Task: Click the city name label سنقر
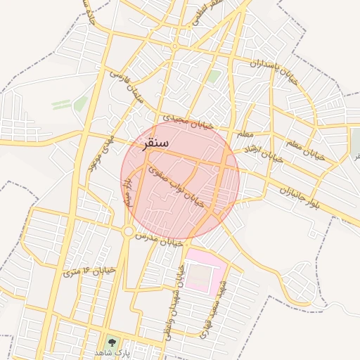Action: click(156, 143)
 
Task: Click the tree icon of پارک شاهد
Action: click(110, 343)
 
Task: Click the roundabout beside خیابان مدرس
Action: click(128, 231)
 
